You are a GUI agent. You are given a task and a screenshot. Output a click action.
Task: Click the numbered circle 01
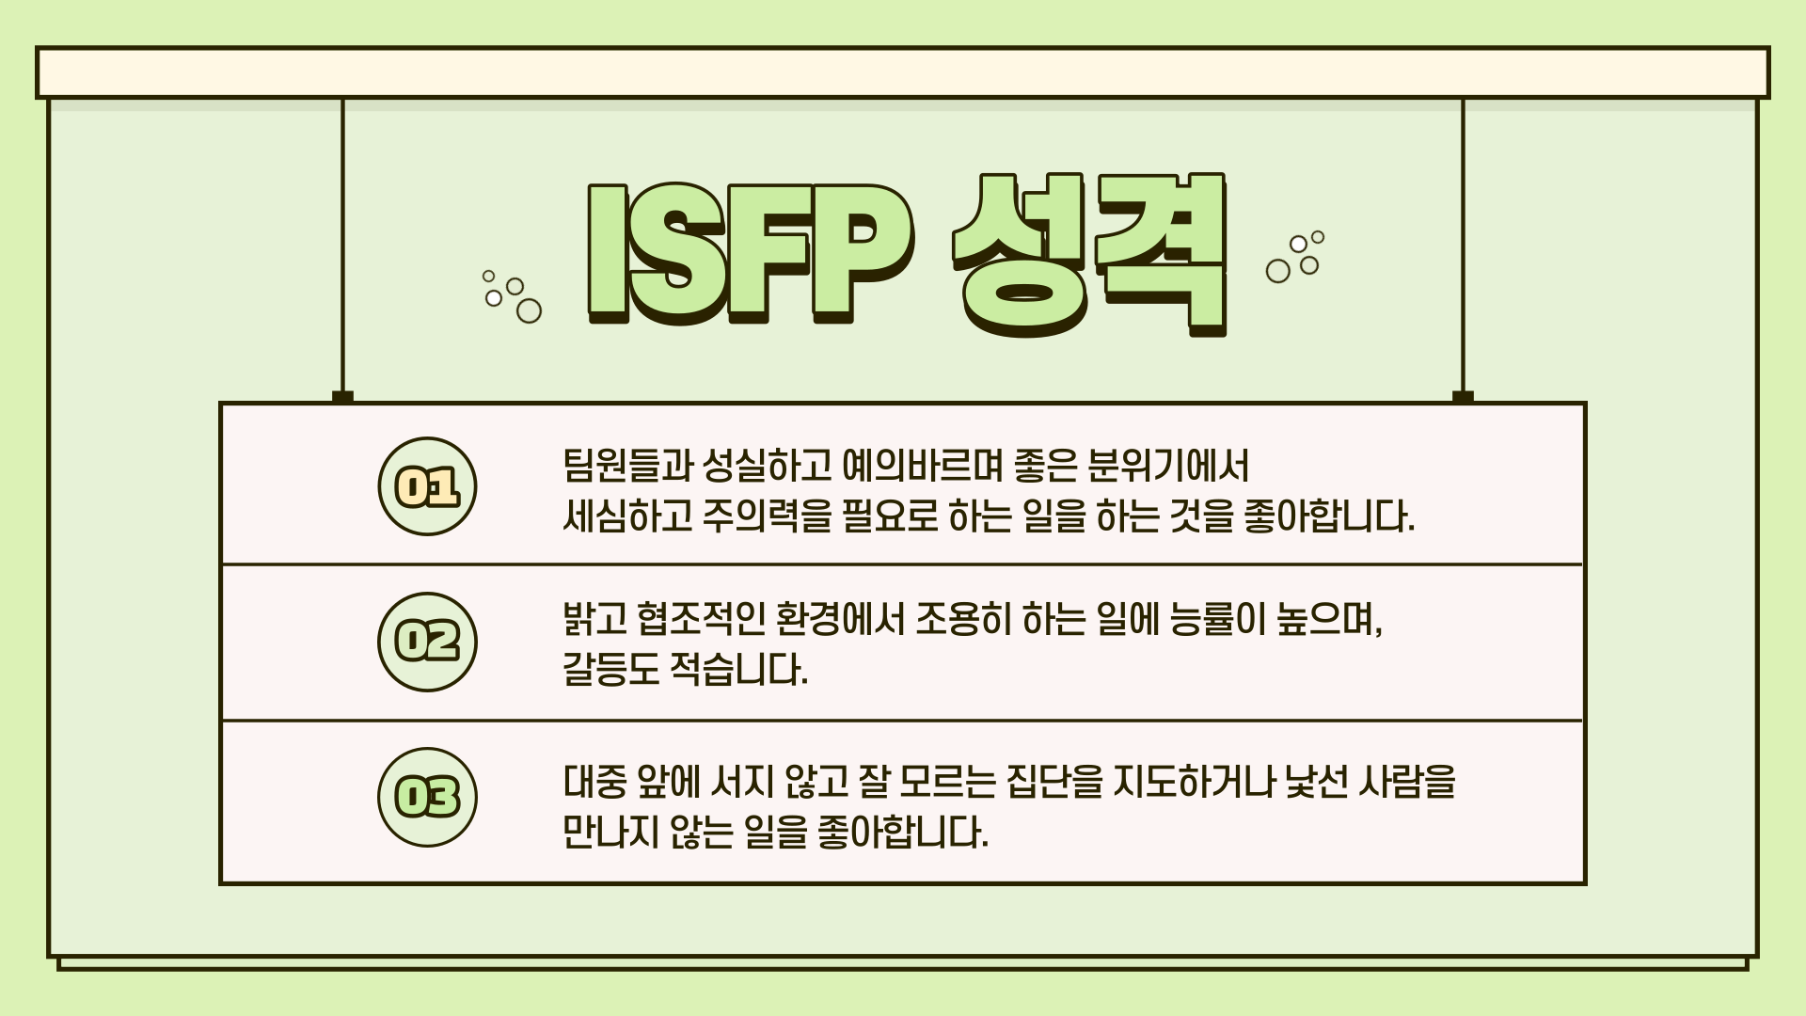427,486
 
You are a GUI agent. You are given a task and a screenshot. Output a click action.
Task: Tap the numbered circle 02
427,642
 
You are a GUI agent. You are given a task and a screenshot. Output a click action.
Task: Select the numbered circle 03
427,798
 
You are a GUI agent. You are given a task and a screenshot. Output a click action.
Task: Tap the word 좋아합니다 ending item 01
1328,516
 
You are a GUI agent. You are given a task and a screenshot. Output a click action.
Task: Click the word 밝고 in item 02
594,619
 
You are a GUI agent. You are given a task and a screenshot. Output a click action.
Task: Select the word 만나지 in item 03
610,833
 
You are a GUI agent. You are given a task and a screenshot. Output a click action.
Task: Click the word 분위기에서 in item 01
1168,466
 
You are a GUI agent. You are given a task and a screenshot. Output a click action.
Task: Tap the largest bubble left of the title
530,310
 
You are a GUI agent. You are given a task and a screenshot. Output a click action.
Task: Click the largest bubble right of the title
1277,271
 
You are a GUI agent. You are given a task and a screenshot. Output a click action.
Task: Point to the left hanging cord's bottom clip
342,397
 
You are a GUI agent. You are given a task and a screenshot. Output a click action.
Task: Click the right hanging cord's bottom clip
1463,397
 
